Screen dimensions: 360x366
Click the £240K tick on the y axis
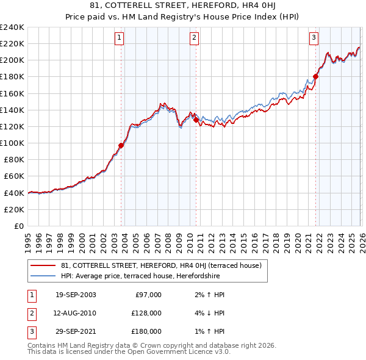point(12,27)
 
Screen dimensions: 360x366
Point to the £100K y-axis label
point(12,143)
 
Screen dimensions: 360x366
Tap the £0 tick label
point(18,226)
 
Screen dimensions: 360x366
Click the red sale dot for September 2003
point(121,145)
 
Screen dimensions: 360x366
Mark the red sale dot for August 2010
point(196,120)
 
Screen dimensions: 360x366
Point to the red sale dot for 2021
point(315,76)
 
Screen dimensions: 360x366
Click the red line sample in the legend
point(43,265)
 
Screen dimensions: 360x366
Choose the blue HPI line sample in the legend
point(43,276)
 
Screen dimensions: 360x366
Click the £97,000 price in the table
point(148,295)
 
